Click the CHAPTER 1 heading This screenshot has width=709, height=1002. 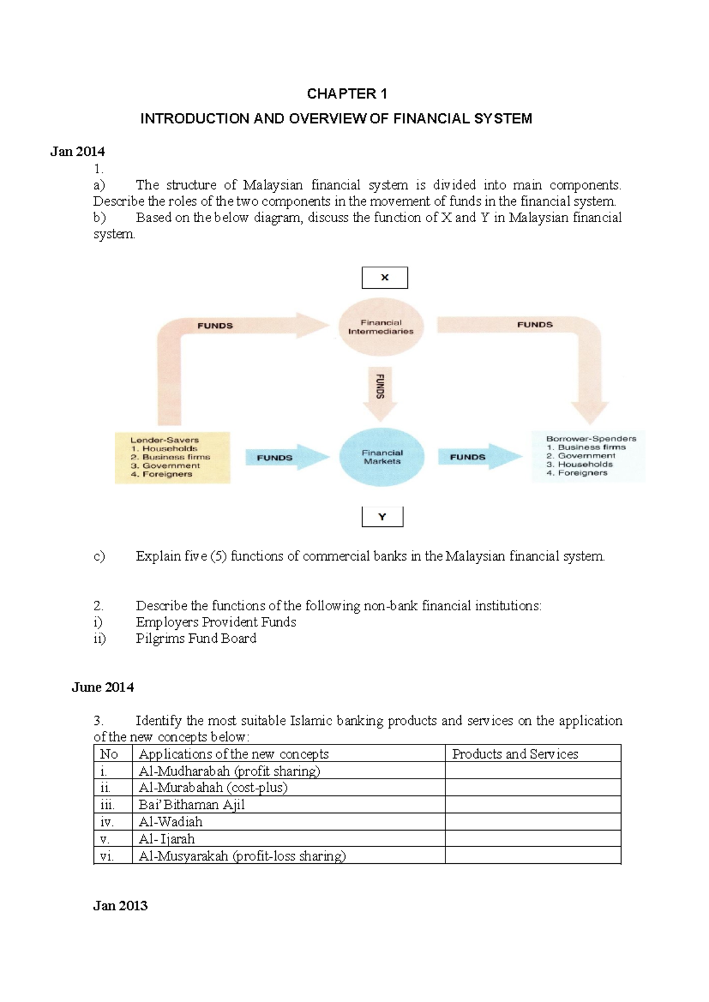(x=347, y=94)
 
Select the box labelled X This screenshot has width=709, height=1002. (x=385, y=278)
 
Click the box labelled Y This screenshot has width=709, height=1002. (x=382, y=517)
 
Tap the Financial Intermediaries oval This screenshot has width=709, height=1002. (x=381, y=327)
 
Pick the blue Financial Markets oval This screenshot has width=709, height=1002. (x=382, y=457)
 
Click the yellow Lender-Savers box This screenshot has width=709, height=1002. (x=172, y=457)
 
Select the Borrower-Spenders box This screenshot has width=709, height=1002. (x=588, y=456)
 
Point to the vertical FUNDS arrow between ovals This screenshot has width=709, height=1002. (x=380, y=391)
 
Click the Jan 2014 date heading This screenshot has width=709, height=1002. (x=77, y=152)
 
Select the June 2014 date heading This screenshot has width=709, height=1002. (x=103, y=687)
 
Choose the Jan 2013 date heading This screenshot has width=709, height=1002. (x=120, y=906)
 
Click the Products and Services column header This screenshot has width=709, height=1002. (x=515, y=754)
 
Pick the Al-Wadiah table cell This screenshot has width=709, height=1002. (x=170, y=822)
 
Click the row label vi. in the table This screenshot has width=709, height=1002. (x=107, y=856)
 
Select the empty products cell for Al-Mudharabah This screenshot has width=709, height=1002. (x=532, y=770)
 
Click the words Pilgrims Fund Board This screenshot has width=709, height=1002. (x=196, y=639)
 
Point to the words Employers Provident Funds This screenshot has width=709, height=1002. (x=216, y=622)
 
